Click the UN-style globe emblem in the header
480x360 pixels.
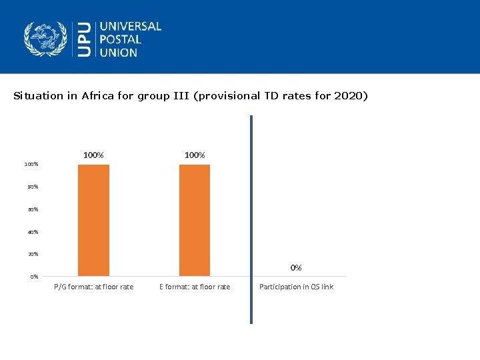46,39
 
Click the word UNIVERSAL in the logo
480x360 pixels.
131,27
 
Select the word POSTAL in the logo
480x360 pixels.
121,39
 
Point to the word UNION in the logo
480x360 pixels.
119,52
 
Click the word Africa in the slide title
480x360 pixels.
98,96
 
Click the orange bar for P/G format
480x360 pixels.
93,220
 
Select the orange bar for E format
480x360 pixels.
195,220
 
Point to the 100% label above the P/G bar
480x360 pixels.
93,155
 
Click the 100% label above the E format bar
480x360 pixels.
195,155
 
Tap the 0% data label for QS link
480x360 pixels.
296,267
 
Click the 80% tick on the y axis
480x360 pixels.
32,187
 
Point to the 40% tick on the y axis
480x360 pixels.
32,232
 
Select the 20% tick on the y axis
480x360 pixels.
32,254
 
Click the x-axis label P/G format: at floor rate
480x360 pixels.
93,287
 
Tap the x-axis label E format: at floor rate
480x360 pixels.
195,287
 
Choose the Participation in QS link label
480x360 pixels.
296,287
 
